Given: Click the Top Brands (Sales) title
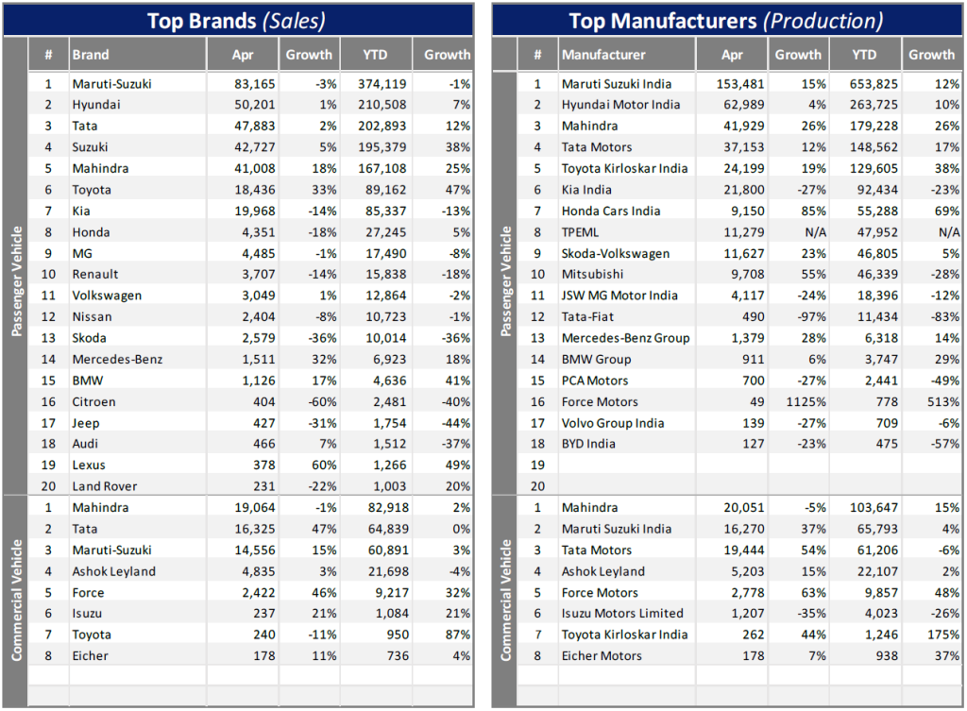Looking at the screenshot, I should (237, 20).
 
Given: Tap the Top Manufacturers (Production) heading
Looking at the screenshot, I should (725, 20).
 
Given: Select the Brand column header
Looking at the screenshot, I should (91, 55).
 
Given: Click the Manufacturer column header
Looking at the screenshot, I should (603, 55).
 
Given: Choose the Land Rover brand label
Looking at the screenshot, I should (105, 486).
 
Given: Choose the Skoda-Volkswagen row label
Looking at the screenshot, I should (616, 253).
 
